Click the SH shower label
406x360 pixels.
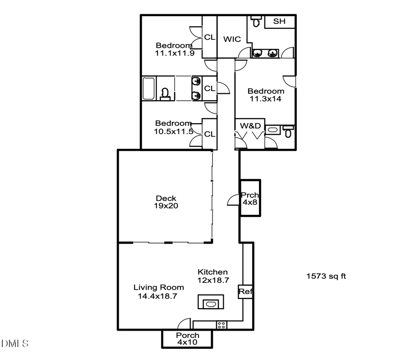pos(279,22)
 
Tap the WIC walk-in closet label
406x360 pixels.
pos(232,39)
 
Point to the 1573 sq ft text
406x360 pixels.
pos(326,276)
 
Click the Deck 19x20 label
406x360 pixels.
pos(166,202)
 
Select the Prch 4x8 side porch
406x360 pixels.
pos(249,198)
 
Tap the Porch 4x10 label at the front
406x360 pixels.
pos(187,339)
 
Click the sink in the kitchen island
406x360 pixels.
pos(211,303)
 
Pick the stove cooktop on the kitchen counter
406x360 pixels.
pos(221,324)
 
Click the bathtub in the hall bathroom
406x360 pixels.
pos(149,88)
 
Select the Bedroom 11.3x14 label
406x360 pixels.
pos(266,95)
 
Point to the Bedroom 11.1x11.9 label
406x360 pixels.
pos(174,49)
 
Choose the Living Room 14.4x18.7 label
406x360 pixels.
pos(158,291)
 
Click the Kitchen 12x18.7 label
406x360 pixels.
pos(213,276)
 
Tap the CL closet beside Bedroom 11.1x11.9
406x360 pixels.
pos(209,37)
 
